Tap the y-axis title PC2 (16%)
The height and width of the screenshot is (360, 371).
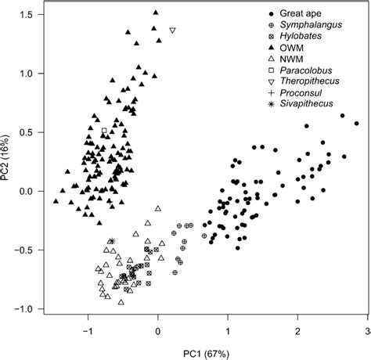[9, 162]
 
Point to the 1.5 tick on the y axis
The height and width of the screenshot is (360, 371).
[27, 16]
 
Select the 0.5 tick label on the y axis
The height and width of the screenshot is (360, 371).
[27, 132]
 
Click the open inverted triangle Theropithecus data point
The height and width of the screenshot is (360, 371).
[172, 31]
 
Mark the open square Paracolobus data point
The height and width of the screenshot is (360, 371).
[104, 131]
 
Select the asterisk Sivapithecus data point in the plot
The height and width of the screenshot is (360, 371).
[112, 241]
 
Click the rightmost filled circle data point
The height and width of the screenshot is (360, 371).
[356, 123]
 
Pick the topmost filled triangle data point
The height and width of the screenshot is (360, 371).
[156, 13]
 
